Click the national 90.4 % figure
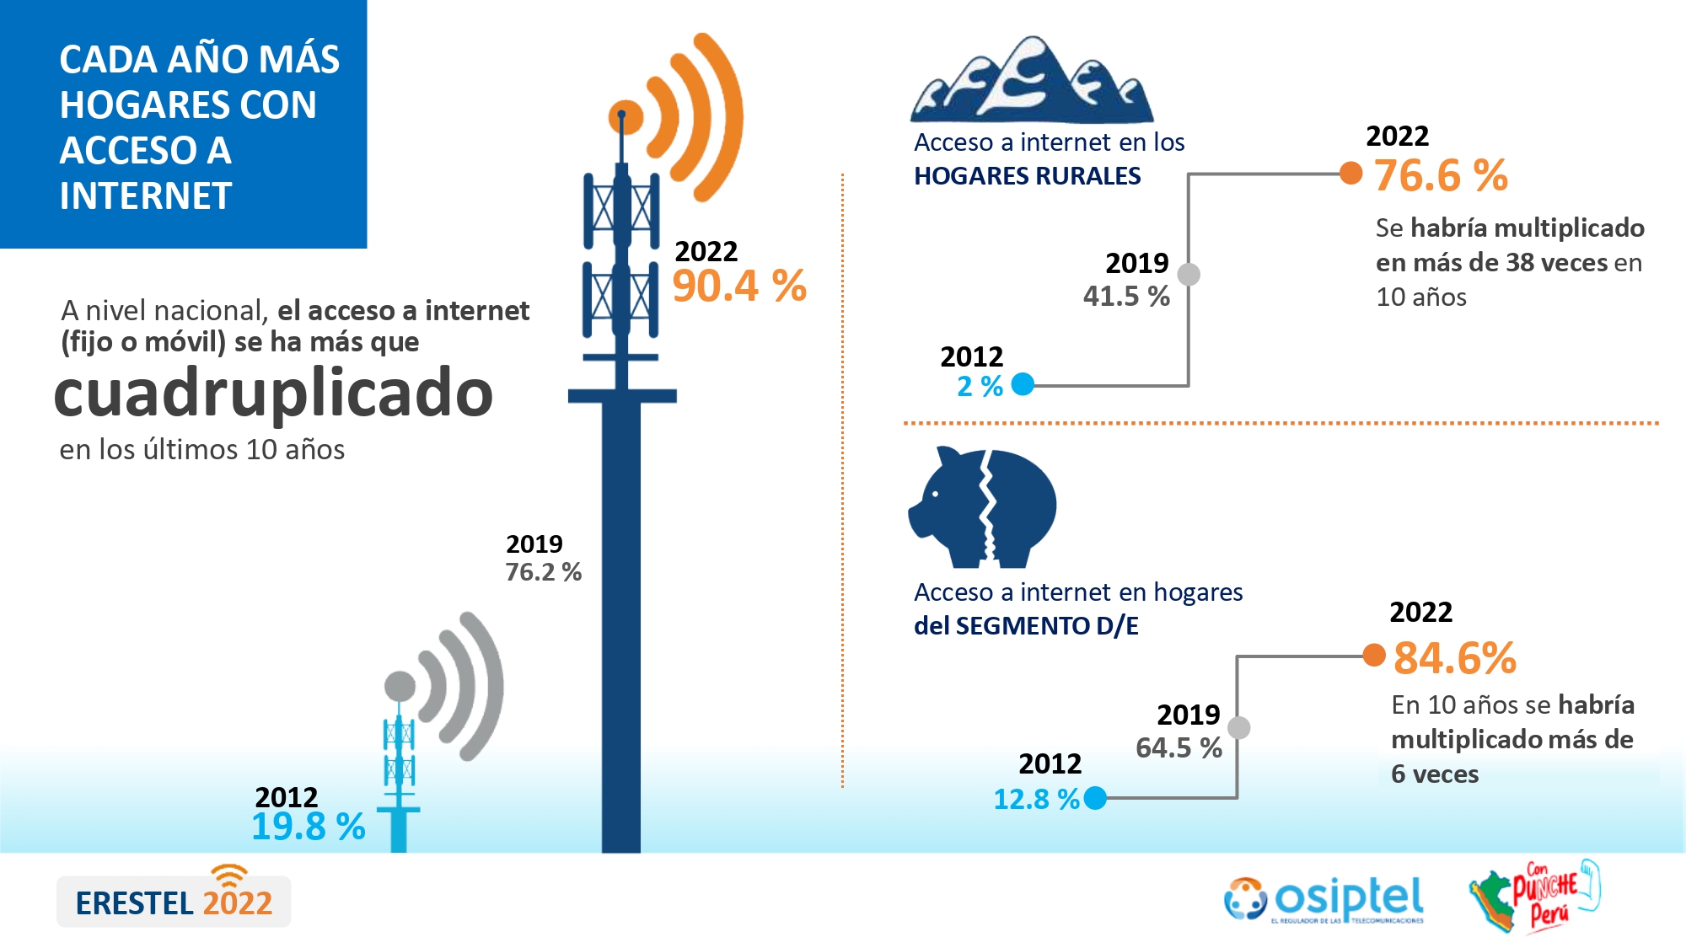tap(739, 286)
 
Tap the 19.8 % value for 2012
tap(309, 827)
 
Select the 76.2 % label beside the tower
tap(544, 572)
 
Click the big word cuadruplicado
tap(273, 394)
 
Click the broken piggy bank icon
tap(982, 507)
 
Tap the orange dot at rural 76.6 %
tap(1351, 173)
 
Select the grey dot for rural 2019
tap(1189, 274)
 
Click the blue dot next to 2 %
tap(1023, 384)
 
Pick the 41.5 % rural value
tap(1126, 297)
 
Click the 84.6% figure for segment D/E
tap(1455, 658)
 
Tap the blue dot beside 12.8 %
tap(1095, 798)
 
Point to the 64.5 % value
tap(1179, 748)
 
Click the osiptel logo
tap(1324, 900)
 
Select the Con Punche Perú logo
tap(1534, 897)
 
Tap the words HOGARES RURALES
tap(1027, 176)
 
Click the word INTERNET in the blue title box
tap(145, 196)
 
